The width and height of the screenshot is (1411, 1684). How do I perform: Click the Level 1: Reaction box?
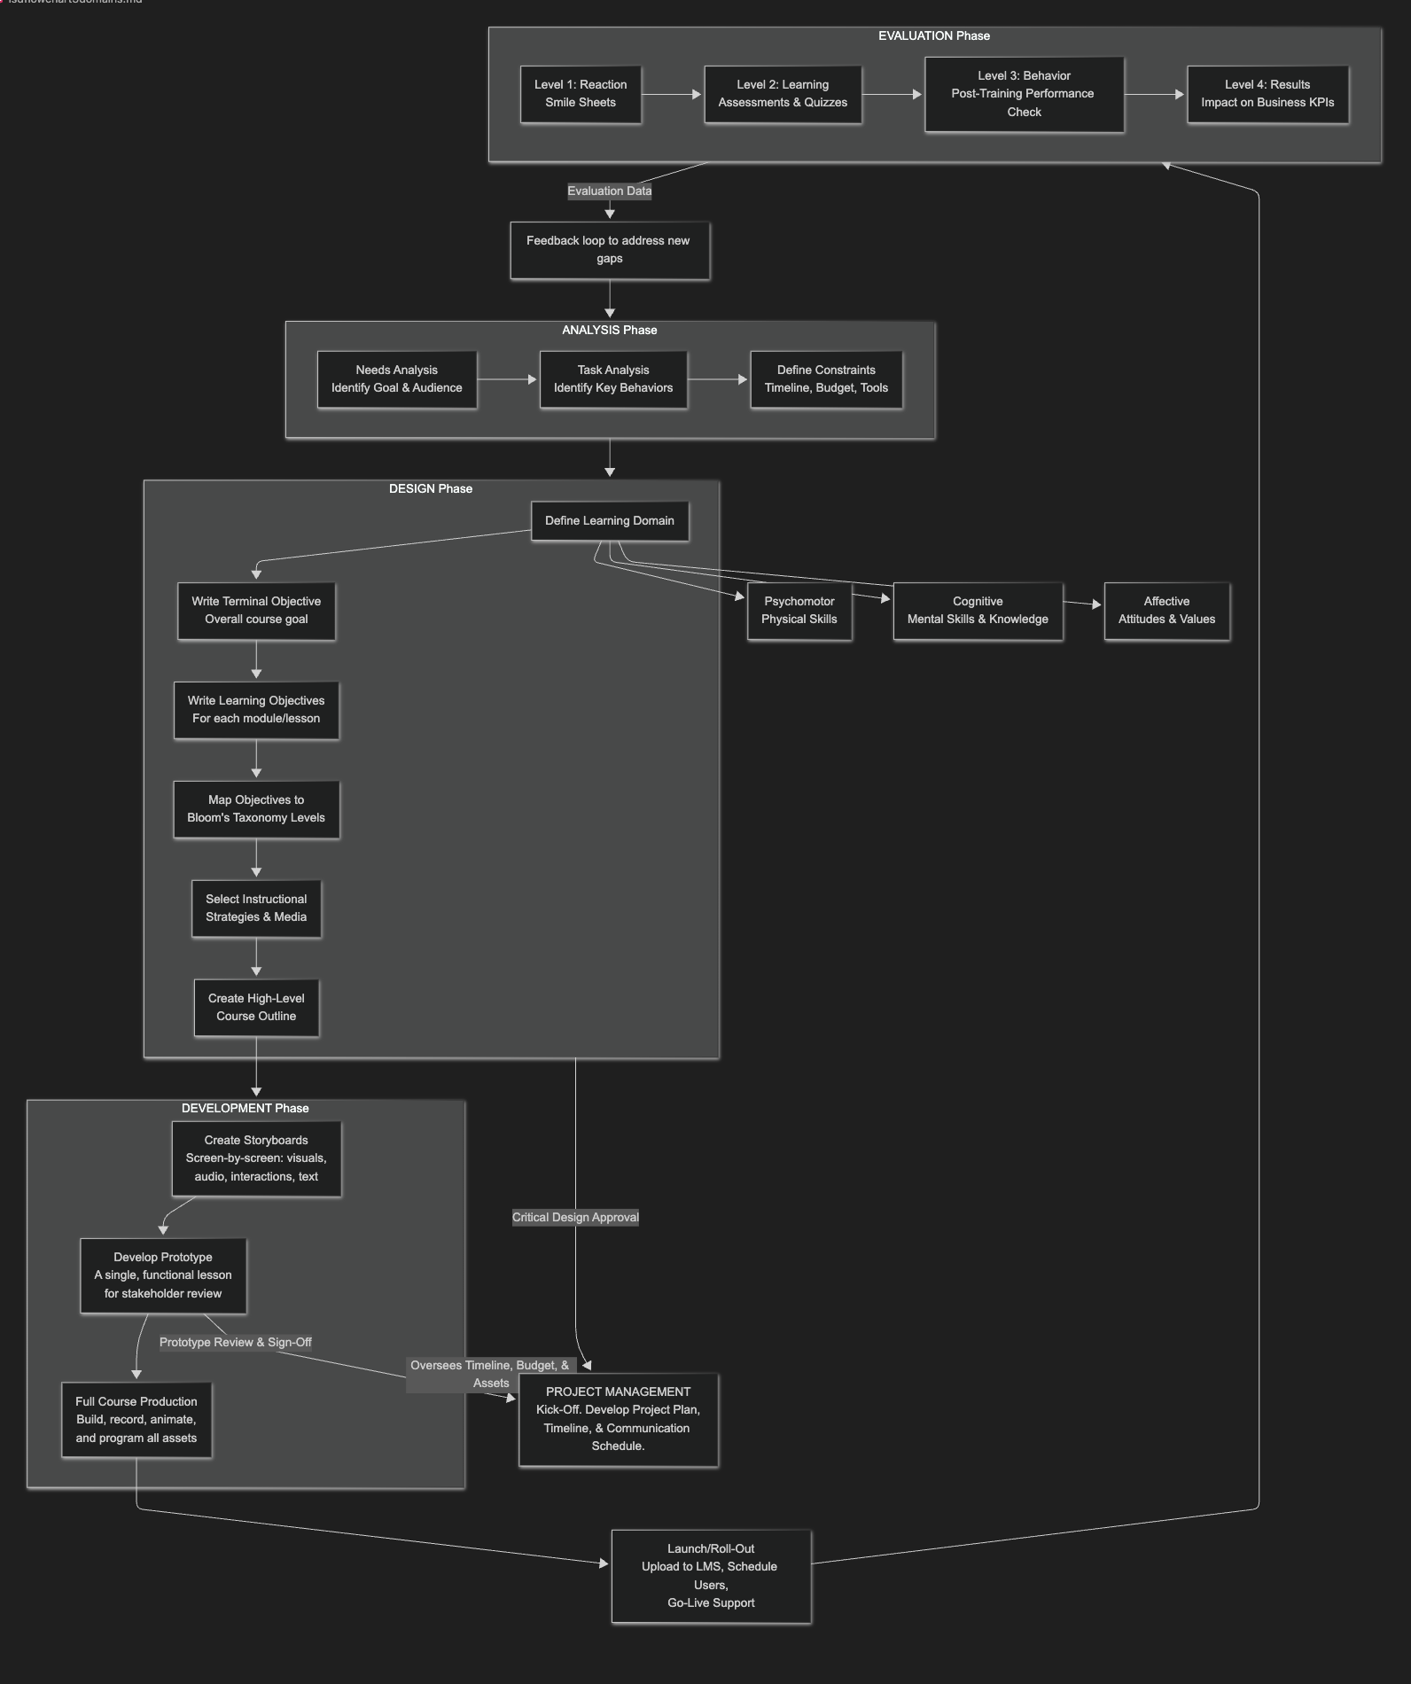point(581,94)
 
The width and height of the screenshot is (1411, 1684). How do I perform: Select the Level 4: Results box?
point(1267,94)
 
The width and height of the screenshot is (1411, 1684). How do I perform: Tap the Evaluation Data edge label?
point(609,191)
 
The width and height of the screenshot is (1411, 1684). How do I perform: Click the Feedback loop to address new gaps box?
point(609,250)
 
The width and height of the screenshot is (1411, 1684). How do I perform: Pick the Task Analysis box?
point(613,379)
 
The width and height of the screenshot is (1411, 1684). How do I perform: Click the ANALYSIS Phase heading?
point(609,330)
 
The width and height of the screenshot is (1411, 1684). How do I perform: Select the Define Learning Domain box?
point(609,521)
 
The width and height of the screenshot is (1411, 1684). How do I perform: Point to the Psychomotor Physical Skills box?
point(799,611)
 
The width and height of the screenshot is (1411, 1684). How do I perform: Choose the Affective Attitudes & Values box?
point(1166,611)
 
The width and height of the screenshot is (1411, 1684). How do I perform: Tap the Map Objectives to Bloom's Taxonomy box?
point(256,809)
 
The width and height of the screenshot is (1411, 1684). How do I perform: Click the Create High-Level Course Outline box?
point(256,1008)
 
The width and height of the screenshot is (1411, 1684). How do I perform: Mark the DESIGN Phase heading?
point(431,488)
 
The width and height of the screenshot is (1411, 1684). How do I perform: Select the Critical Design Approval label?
point(575,1217)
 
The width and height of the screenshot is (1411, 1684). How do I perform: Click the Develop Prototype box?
point(163,1275)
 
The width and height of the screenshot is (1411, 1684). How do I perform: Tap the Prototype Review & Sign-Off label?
point(236,1342)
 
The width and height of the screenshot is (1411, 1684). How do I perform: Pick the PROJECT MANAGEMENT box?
point(618,1419)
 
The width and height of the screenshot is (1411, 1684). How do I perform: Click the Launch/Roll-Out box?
point(711,1576)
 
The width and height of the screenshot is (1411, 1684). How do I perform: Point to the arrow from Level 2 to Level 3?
point(893,94)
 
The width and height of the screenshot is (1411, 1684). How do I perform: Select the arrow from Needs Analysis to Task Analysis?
point(508,379)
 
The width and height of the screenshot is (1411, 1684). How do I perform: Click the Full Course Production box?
point(136,1420)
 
